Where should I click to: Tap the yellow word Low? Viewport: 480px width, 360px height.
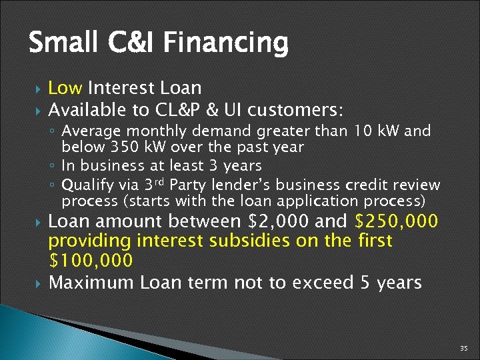(x=65, y=88)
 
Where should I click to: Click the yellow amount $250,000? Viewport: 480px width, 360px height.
(x=397, y=221)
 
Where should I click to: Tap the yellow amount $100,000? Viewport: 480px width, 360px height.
(x=91, y=260)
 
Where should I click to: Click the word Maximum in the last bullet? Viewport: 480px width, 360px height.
(x=92, y=282)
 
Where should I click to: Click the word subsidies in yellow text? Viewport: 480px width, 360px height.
(x=238, y=240)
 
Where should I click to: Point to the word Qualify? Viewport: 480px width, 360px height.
(x=84, y=185)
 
